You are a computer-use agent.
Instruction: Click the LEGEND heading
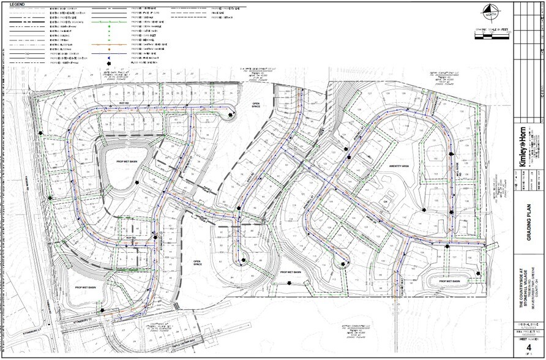(17, 4)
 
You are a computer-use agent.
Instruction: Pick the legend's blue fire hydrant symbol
(108, 57)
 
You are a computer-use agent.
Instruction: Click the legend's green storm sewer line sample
(108, 20)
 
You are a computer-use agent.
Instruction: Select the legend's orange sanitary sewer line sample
(108, 45)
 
